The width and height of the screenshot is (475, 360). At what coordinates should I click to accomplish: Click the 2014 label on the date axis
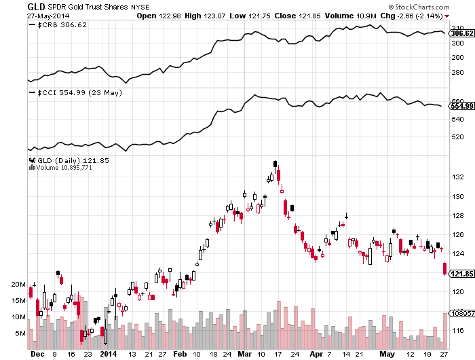109,354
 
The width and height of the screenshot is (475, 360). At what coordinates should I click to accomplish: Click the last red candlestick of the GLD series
444,269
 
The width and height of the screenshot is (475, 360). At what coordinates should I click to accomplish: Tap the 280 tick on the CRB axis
457,72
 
